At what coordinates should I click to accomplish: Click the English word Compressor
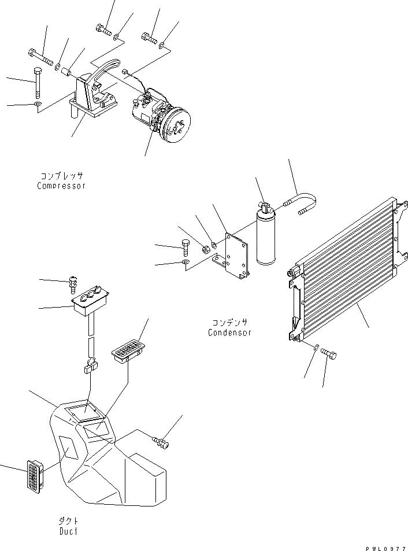pos(61,186)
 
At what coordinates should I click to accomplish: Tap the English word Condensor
pos(229,333)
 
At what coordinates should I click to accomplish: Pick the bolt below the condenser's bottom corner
pos(329,352)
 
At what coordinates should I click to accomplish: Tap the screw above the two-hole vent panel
pos(74,283)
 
